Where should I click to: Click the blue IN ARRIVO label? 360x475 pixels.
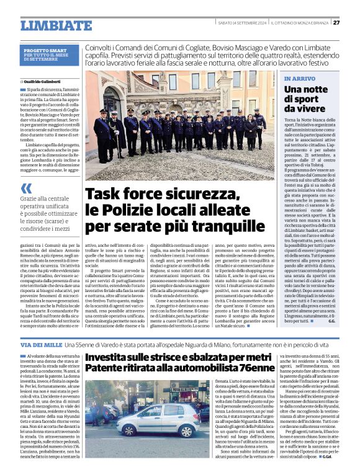point(299,79)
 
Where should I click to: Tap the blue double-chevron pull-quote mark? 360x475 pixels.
point(25,189)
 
